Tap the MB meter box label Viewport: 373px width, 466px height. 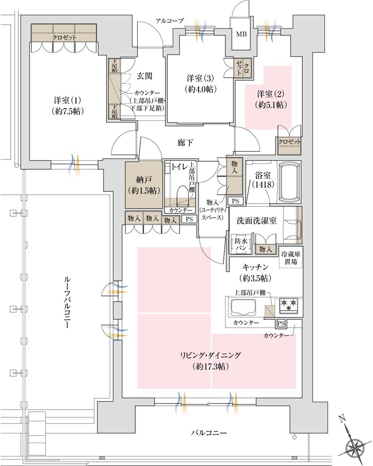(242, 34)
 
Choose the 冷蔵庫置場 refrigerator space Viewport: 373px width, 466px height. (290, 257)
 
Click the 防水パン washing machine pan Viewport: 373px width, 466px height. (241, 246)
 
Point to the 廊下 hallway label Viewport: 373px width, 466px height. (185, 143)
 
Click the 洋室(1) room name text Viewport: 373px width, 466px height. (67, 100)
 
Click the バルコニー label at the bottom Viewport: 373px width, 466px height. (208, 433)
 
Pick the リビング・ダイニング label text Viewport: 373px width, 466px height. (210, 355)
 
